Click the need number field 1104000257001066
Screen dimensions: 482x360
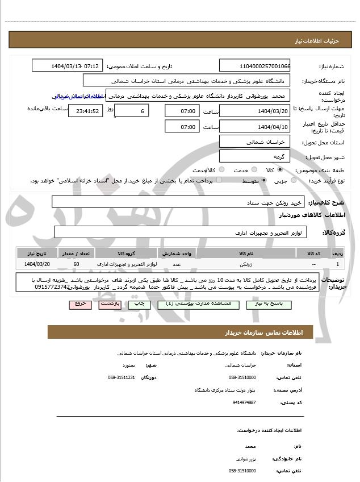point(254,66)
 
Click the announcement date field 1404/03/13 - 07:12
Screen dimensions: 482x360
point(67,66)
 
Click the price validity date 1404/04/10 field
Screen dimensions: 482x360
point(254,126)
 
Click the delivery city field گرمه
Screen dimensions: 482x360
point(254,156)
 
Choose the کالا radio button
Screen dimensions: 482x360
point(280,170)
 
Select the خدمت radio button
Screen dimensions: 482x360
point(253,170)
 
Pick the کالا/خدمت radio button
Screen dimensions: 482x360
point(221,170)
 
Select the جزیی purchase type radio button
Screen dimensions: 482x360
point(294,180)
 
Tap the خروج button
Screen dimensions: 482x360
point(80,305)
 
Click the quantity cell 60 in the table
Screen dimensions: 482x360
point(77,264)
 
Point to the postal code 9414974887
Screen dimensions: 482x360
point(244,402)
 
